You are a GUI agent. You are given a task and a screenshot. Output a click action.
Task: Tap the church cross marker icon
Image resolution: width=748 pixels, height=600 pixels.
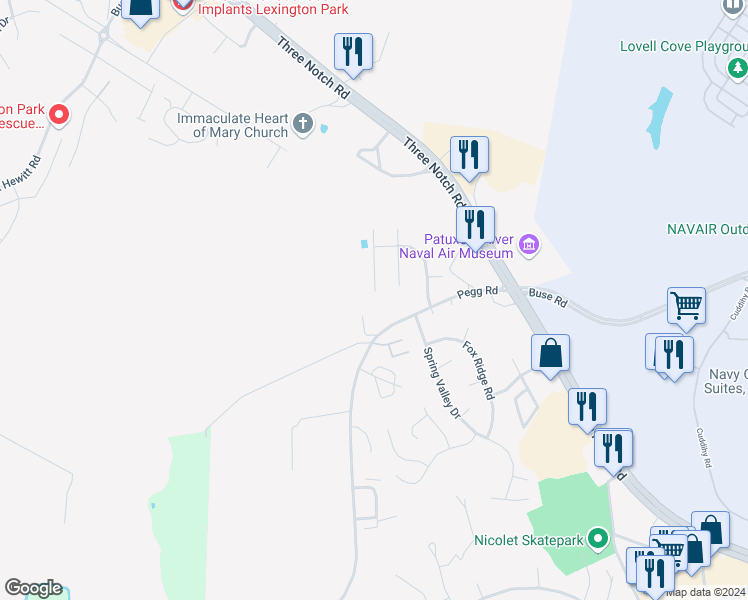[x=303, y=126]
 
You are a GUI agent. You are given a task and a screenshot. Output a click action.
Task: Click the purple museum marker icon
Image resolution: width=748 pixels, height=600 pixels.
[x=529, y=243]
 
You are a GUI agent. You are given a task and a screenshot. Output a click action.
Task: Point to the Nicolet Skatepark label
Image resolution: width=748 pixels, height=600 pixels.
[x=528, y=541]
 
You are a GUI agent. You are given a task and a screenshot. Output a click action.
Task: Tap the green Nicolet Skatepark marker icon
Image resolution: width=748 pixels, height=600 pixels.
[x=599, y=540]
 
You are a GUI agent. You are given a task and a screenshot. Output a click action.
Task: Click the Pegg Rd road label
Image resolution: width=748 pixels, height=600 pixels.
[x=477, y=292]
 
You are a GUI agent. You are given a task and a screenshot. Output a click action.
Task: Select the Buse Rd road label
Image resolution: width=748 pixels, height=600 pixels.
[x=547, y=298]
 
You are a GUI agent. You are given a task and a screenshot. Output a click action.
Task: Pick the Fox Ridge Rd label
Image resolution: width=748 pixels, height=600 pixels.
[x=478, y=370]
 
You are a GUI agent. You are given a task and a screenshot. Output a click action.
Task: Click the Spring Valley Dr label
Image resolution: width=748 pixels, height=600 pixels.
[x=440, y=381]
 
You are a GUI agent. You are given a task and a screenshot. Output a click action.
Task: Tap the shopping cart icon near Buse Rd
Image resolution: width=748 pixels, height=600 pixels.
[x=687, y=306]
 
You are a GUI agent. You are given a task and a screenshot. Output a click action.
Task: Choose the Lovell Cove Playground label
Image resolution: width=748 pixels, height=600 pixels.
[x=683, y=46]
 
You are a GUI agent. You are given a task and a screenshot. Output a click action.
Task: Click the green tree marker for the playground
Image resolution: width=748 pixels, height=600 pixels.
[x=737, y=68]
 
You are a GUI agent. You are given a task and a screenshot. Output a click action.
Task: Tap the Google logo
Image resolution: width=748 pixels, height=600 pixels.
[x=33, y=588]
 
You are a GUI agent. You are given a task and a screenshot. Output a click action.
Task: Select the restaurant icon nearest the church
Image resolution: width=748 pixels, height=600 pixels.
[x=353, y=51]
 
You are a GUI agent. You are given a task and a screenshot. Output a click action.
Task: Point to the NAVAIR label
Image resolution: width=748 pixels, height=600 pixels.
[x=706, y=229]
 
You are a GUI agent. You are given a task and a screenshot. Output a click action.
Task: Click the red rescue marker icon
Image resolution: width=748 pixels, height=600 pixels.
[x=59, y=116]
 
